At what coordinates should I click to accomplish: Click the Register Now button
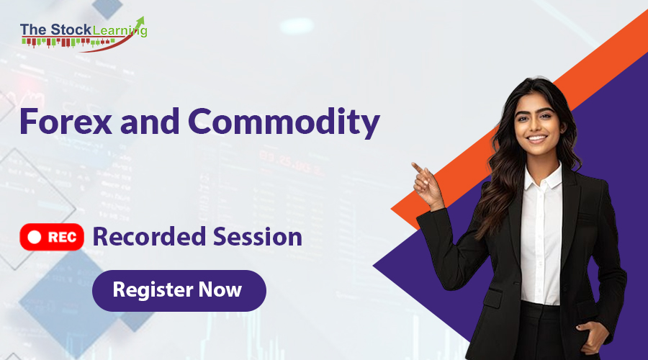[179, 290]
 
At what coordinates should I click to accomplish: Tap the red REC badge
[53, 236]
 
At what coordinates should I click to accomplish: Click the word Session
[256, 236]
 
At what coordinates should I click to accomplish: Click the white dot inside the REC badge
[32, 236]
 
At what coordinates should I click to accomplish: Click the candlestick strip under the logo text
[68, 42]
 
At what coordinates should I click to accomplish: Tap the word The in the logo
[33, 30]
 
